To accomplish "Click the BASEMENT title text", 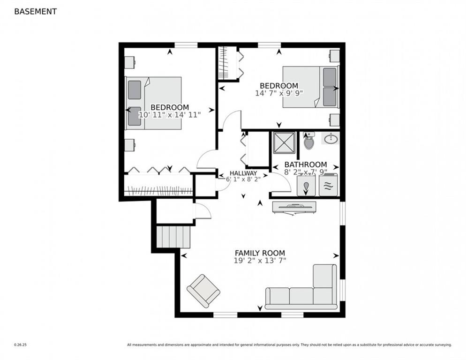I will [x=35, y=11].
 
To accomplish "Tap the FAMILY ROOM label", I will [x=260, y=253].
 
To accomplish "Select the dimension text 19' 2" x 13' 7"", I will [x=260, y=261].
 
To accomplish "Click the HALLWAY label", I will [x=243, y=173].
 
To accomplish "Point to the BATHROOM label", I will [x=305, y=165].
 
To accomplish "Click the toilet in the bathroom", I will [x=308, y=141].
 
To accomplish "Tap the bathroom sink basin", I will [x=331, y=138].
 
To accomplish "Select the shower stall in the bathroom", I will [x=285, y=142].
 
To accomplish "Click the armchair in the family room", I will [x=203, y=290].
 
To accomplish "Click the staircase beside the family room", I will [x=173, y=236].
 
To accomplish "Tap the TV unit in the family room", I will [x=294, y=207].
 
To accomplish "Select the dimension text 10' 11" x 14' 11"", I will [x=170, y=114].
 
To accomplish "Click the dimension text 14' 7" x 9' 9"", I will [x=279, y=93].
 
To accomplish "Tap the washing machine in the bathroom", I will [x=306, y=186].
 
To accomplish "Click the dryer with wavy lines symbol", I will [x=328, y=186].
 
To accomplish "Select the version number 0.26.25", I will [x=20, y=345].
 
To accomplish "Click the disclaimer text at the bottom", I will [x=289, y=345].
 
